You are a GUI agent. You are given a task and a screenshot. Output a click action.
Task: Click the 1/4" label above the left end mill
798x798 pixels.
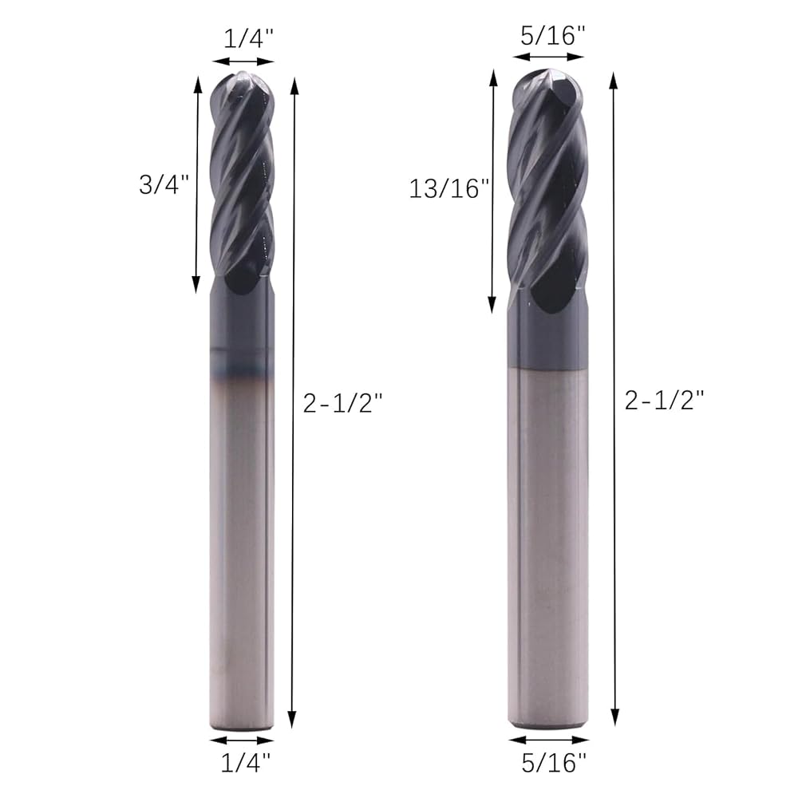[x=249, y=38]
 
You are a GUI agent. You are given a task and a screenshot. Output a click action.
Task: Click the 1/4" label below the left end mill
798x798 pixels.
[x=246, y=762]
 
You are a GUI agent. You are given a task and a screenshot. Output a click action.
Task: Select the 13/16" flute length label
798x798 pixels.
[x=449, y=189]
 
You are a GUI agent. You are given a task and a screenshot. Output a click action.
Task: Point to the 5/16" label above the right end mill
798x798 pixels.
[x=553, y=36]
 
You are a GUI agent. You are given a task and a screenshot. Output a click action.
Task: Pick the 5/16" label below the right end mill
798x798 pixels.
[x=555, y=762]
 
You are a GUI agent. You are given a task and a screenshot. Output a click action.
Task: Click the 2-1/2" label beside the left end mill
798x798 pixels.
[x=342, y=404]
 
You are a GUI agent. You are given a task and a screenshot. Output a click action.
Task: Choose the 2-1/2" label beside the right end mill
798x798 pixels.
[x=664, y=401]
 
